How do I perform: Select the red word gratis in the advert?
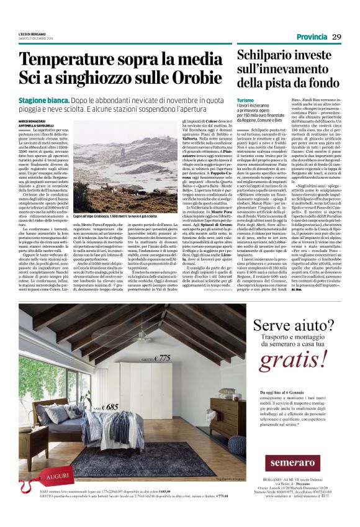coord(293,359)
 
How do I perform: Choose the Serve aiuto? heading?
coord(294,328)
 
